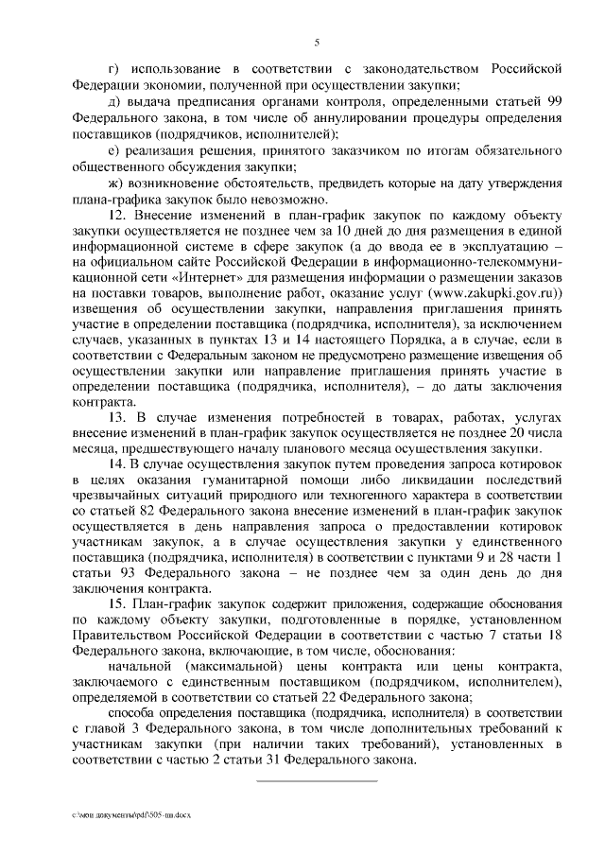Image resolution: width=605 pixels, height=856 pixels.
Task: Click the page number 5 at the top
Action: tap(317, 41)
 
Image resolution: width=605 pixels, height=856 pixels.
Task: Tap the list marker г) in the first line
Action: tap(114, 69)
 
